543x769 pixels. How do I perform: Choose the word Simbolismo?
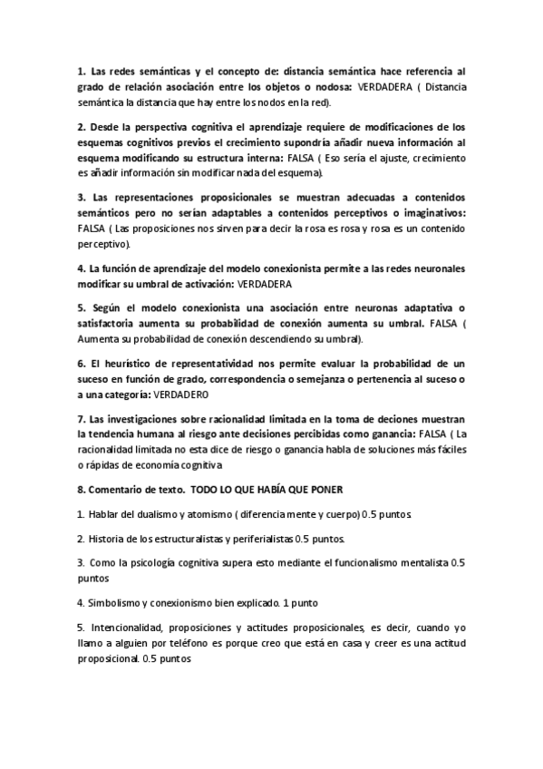(117, 601)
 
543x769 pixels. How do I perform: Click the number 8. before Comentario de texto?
(81, 490)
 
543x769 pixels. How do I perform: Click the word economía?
(151, 465)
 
